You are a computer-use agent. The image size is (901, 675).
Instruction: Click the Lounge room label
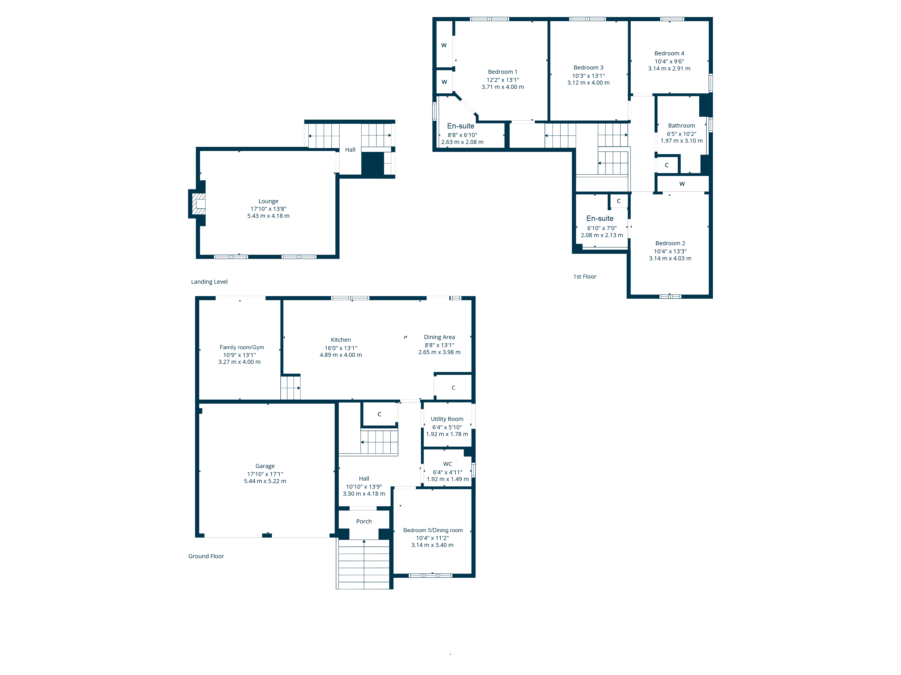(x=268, y=201)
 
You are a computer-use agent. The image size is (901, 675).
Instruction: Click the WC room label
(x=447, y=464)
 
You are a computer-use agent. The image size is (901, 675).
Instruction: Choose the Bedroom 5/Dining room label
(x=433, y=530)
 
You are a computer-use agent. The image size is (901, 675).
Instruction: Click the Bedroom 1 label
(x=503, y=72)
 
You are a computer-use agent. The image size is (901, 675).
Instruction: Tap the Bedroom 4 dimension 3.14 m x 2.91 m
(x=669, y=68)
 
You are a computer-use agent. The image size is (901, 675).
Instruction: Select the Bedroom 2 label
(x=670, y=243)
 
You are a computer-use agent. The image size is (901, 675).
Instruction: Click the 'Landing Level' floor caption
(x=209, y=281)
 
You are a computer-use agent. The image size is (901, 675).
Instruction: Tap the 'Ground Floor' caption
(x=206, y=556)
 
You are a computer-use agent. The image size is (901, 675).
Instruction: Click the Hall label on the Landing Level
(x=350, y=150)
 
